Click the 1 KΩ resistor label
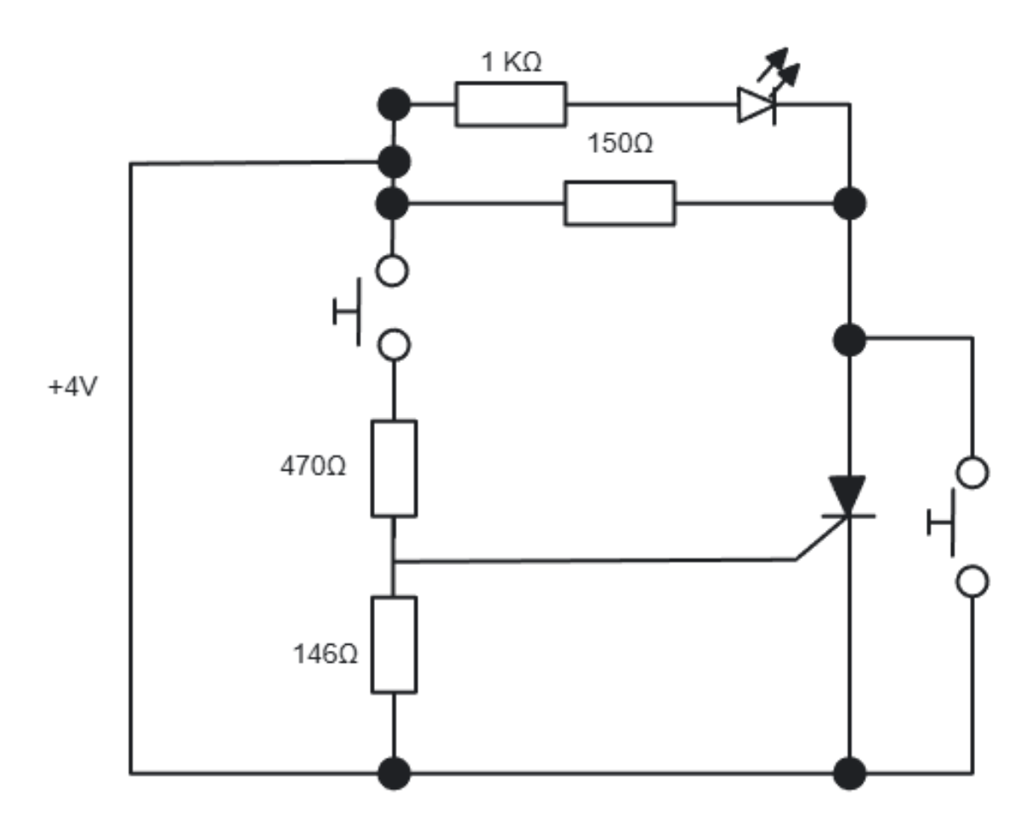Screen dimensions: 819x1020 point(510,63)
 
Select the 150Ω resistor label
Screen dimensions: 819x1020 point(620,144)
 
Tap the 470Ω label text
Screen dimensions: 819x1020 point(313,466)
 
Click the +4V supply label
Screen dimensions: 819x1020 point(72,387)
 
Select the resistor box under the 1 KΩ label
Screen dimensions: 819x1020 point(510,104)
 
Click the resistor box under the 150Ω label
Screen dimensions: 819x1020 point(620,203)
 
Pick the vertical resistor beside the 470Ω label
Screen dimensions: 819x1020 point(394,468)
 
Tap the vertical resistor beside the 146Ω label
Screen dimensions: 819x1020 point(394,644)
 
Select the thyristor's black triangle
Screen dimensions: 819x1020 point(848,494)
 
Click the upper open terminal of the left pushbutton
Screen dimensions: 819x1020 point(393,271)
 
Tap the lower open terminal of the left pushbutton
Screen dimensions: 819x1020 point(393,345)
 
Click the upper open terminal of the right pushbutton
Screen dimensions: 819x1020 point(972,472)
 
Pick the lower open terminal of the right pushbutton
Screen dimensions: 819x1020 point(972,582)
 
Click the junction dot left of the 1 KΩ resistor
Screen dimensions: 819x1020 point(394,105)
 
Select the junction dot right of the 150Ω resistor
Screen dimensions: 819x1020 point(849,203)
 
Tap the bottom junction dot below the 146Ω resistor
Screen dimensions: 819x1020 point(394,773)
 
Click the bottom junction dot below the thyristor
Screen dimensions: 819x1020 point(849,773)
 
